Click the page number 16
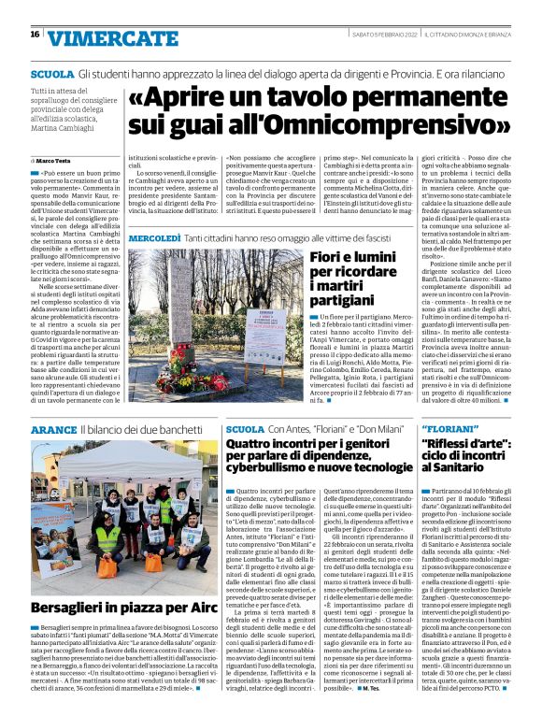35,34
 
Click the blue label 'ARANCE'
52,429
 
